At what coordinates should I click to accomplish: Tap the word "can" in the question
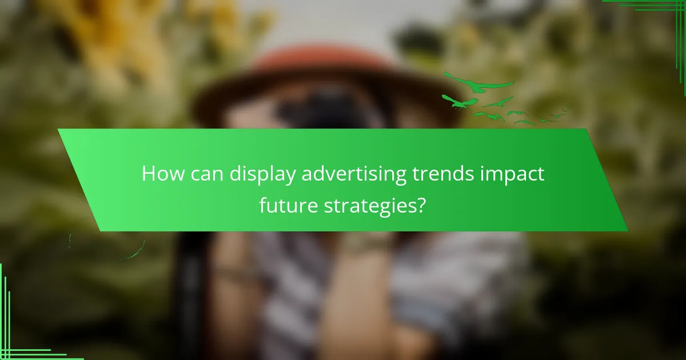204,174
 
